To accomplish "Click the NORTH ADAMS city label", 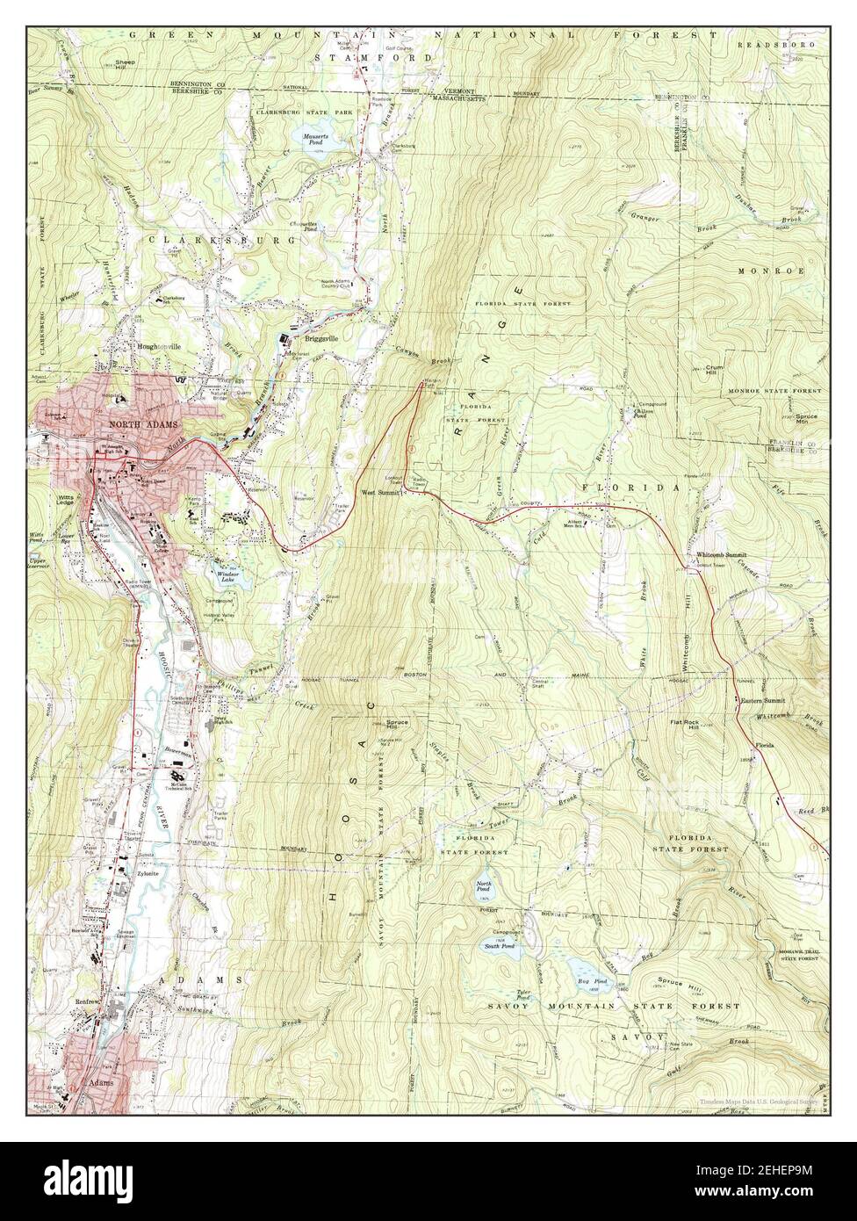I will (x=144, y=424).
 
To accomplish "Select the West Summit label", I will (x=380, y=494).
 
